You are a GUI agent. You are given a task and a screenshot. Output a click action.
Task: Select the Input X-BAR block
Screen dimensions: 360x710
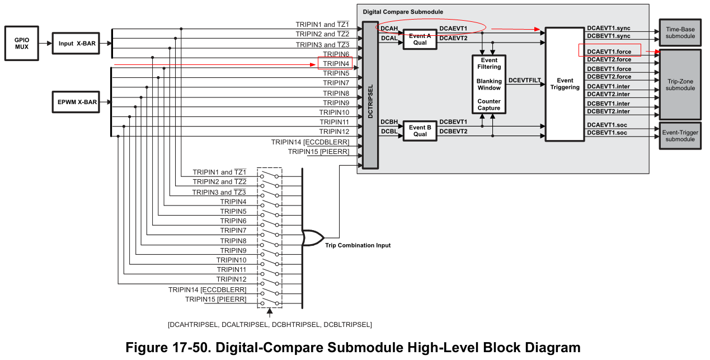coord(76,43)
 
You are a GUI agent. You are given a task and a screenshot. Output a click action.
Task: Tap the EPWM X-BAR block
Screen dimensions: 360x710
coord(76,102)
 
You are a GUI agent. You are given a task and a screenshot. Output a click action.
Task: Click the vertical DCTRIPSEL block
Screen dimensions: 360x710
coord(370,95)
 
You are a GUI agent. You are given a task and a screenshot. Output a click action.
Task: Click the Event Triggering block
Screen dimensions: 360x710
coord(565,84)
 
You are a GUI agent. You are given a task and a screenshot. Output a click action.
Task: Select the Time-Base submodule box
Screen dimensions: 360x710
coord(680,32)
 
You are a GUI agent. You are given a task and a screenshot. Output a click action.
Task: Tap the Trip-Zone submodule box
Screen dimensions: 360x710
coord(680,85)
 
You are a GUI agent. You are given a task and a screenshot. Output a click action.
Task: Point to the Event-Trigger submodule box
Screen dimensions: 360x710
coord(680,136)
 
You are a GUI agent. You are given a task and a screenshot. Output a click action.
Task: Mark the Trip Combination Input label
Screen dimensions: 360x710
coord(358,245)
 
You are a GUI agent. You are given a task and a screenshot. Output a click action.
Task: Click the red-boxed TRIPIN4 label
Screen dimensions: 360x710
coord(336,64)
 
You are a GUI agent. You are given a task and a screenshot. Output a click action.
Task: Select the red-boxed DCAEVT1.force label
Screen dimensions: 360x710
coord(609,52)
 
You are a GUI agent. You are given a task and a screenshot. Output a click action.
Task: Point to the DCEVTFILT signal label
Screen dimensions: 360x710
coord(524,81)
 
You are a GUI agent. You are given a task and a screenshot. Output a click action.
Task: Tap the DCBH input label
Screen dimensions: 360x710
coord(389,121)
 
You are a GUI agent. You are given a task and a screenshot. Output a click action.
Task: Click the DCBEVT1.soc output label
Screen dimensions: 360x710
coord(606,133)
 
